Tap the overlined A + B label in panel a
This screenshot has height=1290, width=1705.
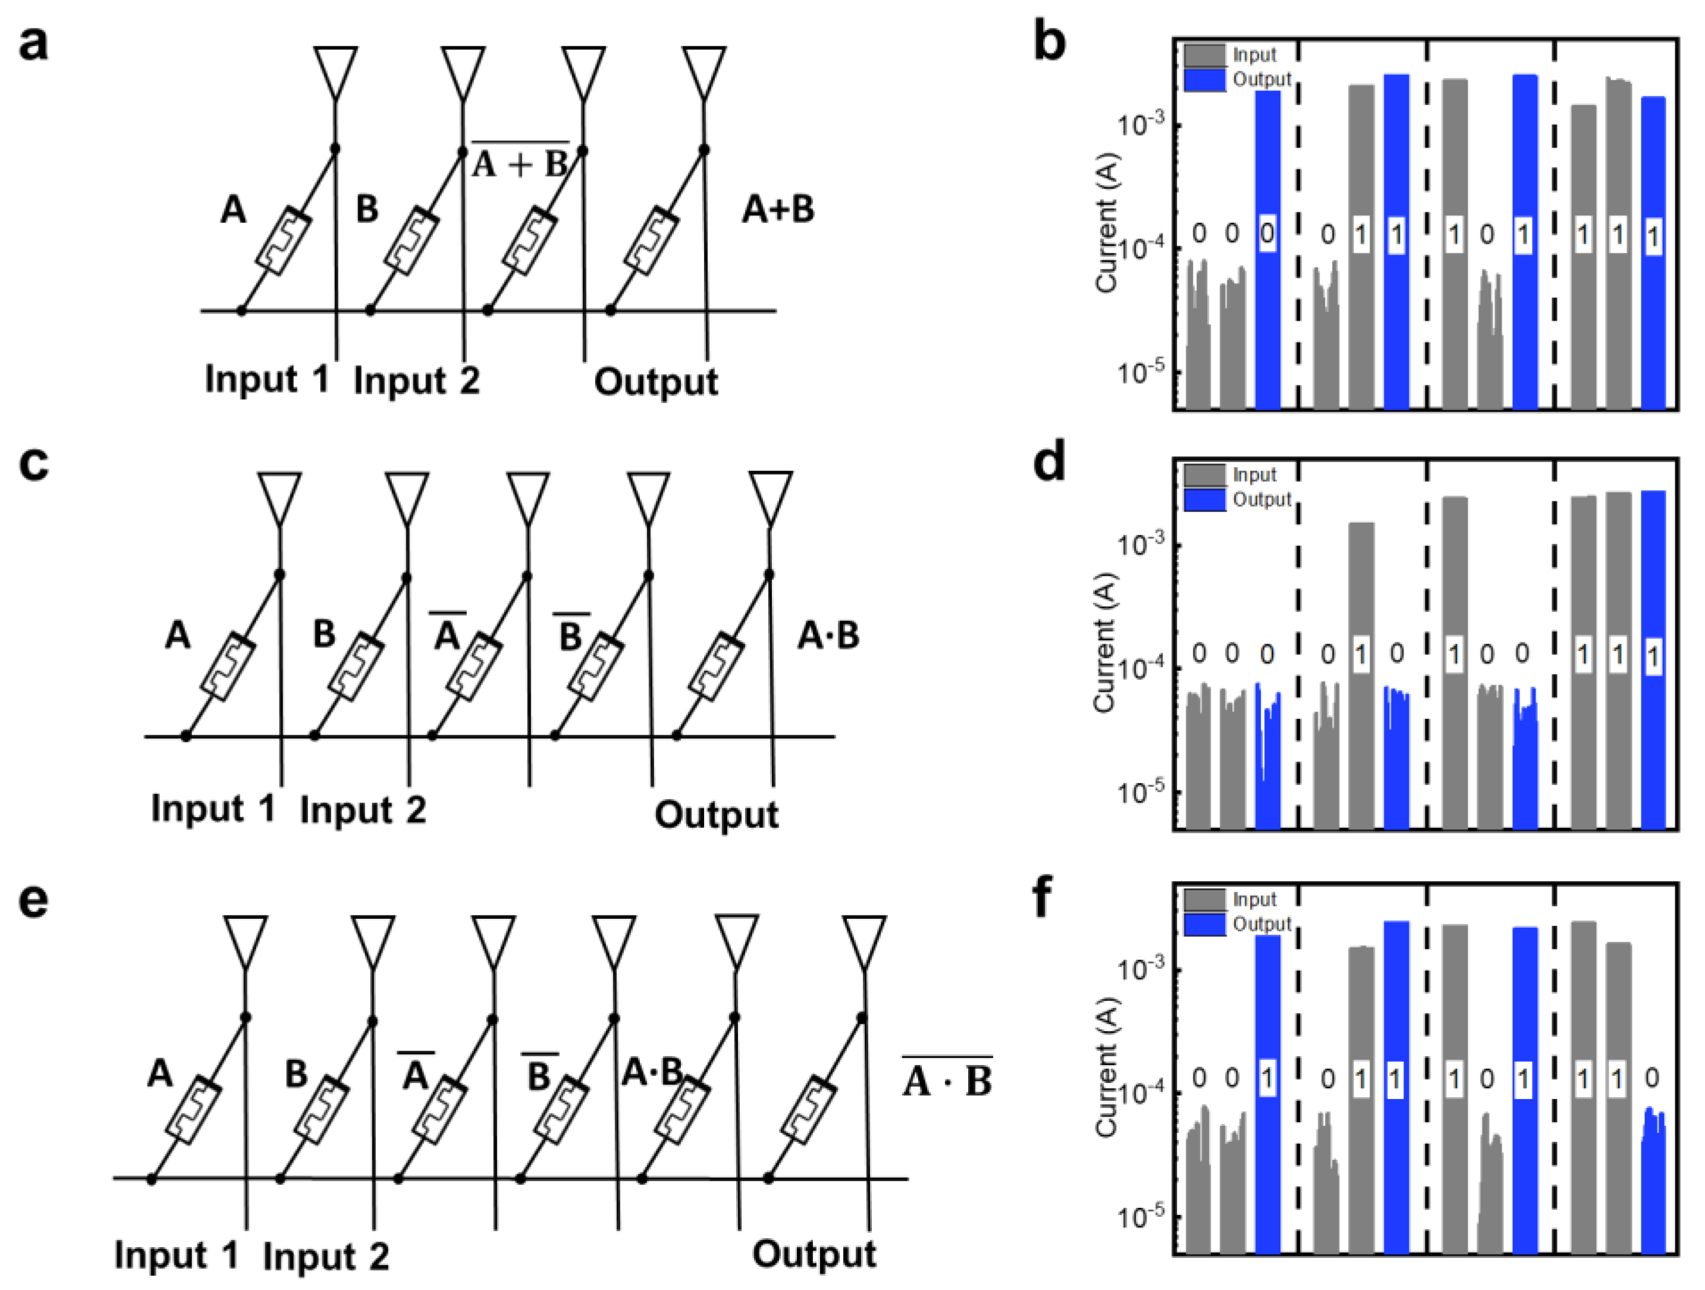[520, 161]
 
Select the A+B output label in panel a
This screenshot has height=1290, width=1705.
[778, 210]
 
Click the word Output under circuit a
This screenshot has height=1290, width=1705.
[655, 382]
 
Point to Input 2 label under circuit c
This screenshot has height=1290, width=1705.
[362, 811]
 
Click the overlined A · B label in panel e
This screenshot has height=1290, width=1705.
[947, 1078]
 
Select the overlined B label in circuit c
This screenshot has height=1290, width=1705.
[570, 634]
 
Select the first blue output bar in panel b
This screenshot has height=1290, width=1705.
[1268, 250]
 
